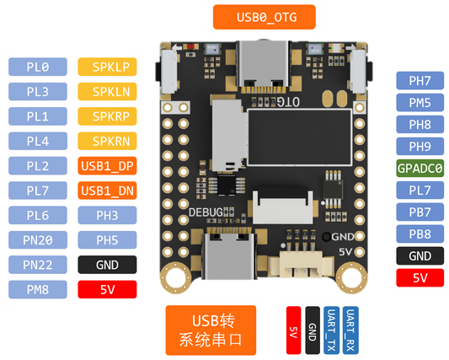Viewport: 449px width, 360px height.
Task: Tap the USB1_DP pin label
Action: point(110,165)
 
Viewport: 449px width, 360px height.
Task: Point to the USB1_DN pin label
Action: point(110,191)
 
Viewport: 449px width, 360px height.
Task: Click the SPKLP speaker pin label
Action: point(110,66)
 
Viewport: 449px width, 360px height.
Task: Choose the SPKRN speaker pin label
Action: point(110,140)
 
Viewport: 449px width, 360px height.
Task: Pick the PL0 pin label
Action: point(38,66)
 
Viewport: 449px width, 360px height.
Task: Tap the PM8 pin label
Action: point(38,290)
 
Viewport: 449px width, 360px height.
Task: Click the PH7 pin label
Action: point(420,81)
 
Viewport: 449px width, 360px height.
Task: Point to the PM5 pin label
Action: point(420,103)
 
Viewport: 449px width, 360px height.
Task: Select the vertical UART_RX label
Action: point(349,330)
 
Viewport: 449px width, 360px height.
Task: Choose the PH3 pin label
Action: point(110,215)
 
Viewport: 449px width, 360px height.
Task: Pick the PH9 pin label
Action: point(420,146)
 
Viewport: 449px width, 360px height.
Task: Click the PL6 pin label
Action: point(38,215)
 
